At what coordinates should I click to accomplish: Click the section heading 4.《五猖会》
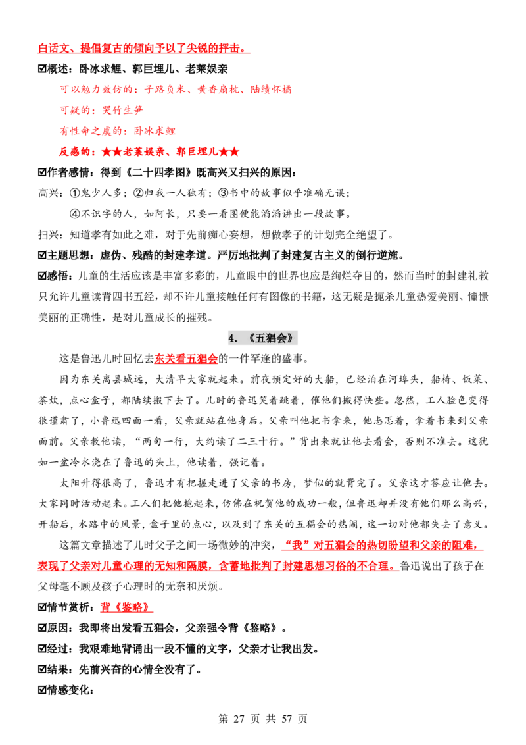click(x=262, y=338)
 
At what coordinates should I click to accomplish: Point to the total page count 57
click(x=287, y=719)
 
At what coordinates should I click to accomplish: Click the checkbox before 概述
click(x=42, y=69)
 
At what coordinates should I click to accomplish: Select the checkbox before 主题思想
click(x=42, y=255)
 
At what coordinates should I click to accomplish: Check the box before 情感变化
click(x=42, y=690)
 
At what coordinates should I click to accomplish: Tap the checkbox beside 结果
click(x=42, y=669)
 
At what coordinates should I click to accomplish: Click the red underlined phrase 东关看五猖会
click(x=186, y=359)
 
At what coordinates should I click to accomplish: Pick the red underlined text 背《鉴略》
click(x=126, y=607)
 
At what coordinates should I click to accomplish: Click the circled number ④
click(x=74, y=214)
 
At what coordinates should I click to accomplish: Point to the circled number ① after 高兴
click(x=74, y=193)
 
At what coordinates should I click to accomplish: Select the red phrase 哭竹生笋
click(x=122, y=110)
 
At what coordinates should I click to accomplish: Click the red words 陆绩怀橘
click(x=271, y=90)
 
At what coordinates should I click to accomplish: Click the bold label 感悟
click(x=58, y=276)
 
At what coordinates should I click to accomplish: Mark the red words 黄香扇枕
click(x=218, y=90)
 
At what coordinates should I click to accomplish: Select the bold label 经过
click(x=58, y=648)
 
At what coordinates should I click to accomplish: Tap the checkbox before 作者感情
click(x=42, y=172)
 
